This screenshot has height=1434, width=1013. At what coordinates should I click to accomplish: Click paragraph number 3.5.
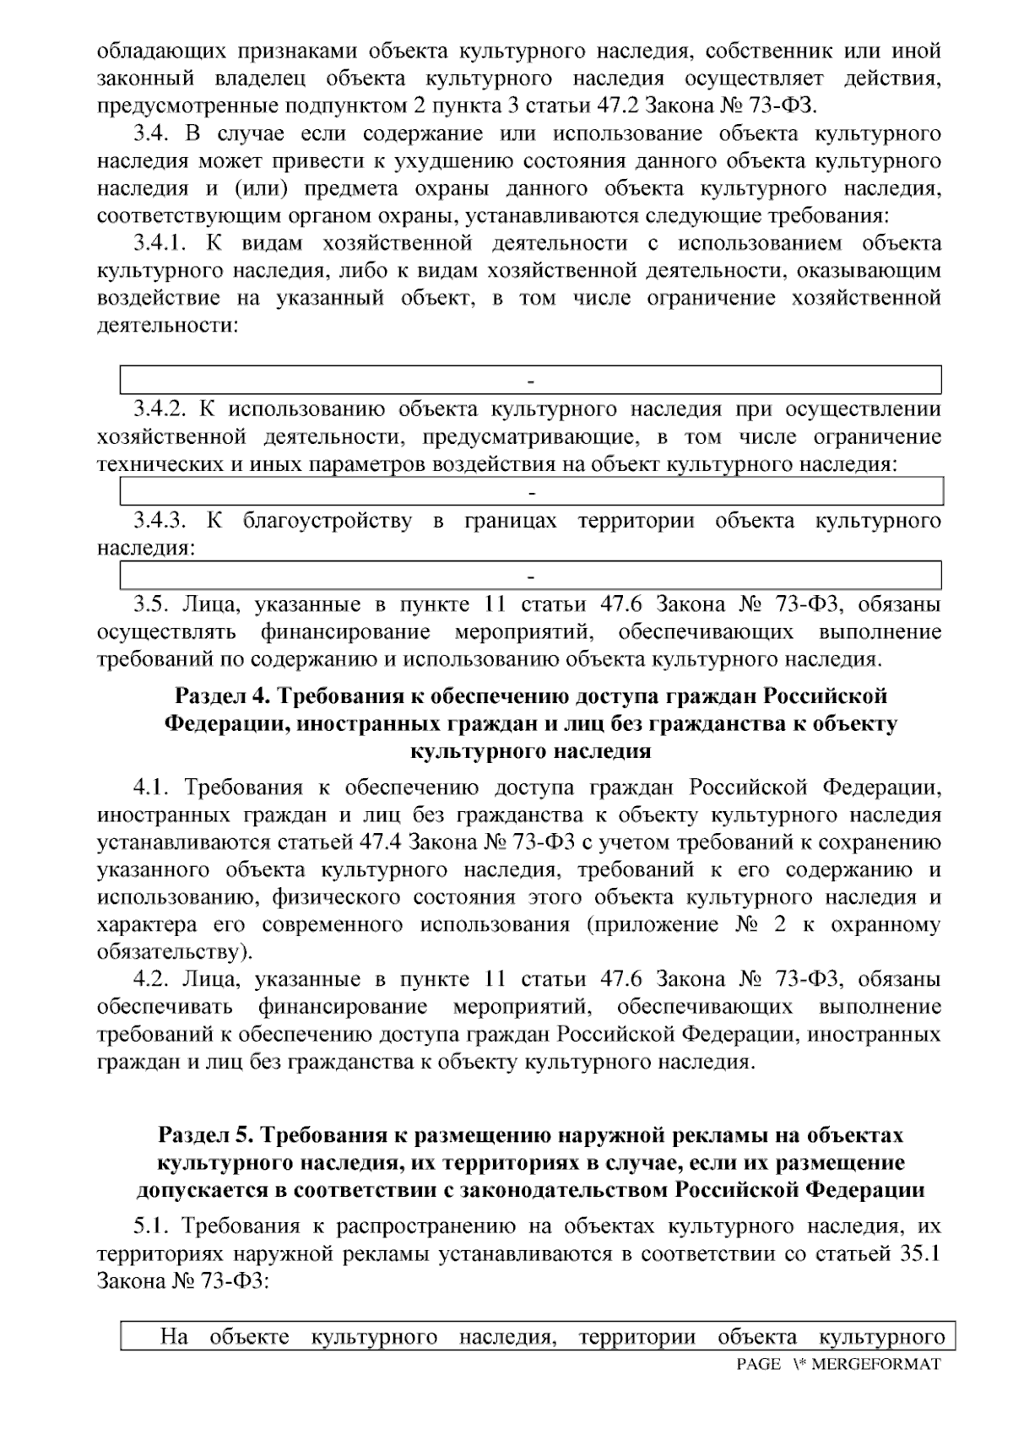(151, 604)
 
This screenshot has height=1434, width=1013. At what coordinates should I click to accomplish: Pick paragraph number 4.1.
(151, 788)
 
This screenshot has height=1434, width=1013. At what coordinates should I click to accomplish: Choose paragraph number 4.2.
(151, 979)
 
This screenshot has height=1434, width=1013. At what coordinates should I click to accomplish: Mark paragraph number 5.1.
(151, 1226)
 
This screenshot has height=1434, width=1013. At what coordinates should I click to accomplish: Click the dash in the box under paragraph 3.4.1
(531, 380)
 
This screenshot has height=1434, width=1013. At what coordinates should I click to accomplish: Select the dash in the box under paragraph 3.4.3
(531, 576)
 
